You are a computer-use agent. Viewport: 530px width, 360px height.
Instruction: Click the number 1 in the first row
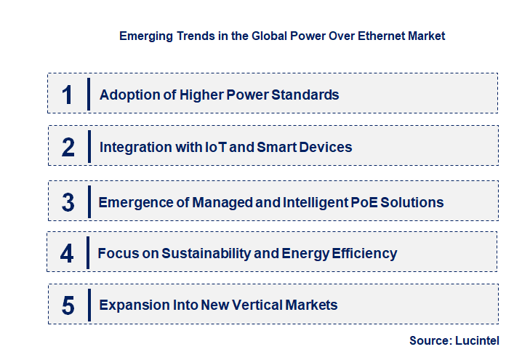pyautogui.click(x=68, y=95)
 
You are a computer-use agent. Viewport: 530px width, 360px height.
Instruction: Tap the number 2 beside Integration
pyautogui.click(x=68, y=147)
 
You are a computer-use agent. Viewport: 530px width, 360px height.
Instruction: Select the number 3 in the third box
pyautogui.click(x=68, y=202)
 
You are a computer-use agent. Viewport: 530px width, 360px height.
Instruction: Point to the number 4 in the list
pyautogui.click(x=68, y=254)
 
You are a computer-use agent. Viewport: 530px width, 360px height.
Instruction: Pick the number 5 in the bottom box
pyautogui.click(x=68, y=305)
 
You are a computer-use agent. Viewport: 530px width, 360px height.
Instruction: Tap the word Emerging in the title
pyautogui.click(x=145, y=35)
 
